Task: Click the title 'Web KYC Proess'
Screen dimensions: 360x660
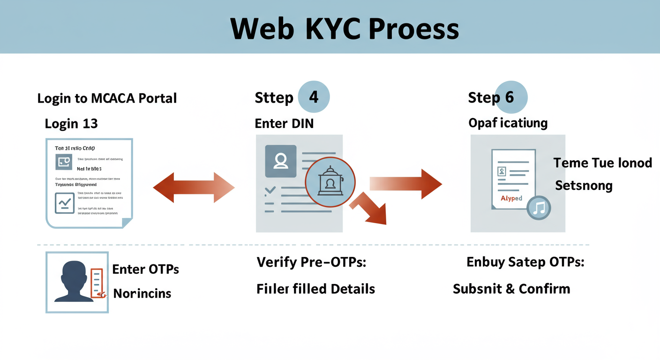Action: click(x=345, y=29)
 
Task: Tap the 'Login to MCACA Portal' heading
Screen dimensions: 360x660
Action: click(x=107, y=98)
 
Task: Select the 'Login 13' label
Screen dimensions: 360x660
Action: click(x=71, y=123)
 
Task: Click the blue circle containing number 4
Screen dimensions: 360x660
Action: click(x=313, y=97)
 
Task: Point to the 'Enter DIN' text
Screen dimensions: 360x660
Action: click(x=284, y=123)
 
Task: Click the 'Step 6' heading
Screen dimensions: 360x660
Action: click(x=491, y=97)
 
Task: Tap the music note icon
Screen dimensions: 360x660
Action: click(x=539, y=208)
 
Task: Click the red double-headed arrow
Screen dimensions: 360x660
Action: click(x=194, y=187)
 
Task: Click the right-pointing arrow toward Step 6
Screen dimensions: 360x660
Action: click(x=406, y=184)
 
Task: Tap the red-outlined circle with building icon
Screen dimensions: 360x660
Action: click(x=330, y=182)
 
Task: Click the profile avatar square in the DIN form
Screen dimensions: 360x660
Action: click(x=281, y=161)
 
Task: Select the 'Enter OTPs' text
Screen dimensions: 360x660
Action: click(x=146, y=270)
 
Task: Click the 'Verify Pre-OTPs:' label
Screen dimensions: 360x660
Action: click(x=311, y=262)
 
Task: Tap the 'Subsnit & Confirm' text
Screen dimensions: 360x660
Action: click(x=511, y=288)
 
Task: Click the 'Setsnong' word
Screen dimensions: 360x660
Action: click(x=584, y=186)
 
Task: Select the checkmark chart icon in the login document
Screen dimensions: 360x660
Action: click(x=64, y=203)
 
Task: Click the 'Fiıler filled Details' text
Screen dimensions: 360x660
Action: click(x=315, y=288)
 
